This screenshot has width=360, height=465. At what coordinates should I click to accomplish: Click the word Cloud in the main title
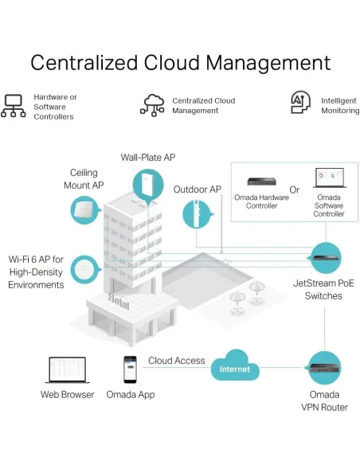pyautogui.click(x=171, y=63)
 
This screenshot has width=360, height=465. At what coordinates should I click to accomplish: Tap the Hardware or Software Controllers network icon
pyautogui.click(x=14, y=106)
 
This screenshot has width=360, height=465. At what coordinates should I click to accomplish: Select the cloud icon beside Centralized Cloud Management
pyautogui.click(x=152, y=105)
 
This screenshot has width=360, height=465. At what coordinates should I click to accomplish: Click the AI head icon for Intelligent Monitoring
pyautogui.click(x=301, y=102)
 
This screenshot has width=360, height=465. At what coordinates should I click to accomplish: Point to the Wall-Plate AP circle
pyautogui.click(x=148, y=185)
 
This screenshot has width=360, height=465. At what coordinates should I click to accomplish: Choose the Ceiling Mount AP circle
pyautogui.click(x=85, y=210)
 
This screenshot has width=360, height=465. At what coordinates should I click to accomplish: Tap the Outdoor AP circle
pyautogui.click(x=198, y=214)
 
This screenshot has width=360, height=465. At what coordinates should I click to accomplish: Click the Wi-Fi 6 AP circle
pyautogui.click(x=85, y=270)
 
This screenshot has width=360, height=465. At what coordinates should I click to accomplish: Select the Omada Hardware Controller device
pyautogui.click(x=261, y=182)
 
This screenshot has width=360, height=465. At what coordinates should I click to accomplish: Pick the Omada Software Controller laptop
pyautogui.click(x=330, y=178)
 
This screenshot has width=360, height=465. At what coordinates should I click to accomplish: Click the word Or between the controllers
pyautogui.click(x=295, y=190)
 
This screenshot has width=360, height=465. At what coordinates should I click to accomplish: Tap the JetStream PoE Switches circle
pyautogui.click(x=326, y=258)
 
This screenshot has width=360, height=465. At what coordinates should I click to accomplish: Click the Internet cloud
pyautogui.click(x=235, y=365)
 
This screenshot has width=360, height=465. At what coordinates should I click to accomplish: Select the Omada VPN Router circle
pyautogui.click(x=324, y=368)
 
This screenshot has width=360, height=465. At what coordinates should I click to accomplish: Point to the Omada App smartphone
pyautogui.click(x=130, y=369)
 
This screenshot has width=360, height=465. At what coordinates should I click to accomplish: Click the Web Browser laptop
pyautogui.click(x=68, y=369)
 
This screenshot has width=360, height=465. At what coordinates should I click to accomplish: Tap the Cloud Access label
pyautogui.click(x=177, y=361)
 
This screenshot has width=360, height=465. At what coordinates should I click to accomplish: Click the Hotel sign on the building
pyautogui.click(x=119, y=302)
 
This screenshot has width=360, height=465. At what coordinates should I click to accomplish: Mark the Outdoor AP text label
pyautogui.click(x=198, y=190)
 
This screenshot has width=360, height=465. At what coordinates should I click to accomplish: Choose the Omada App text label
pyautogui.click(x=131, y=395)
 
